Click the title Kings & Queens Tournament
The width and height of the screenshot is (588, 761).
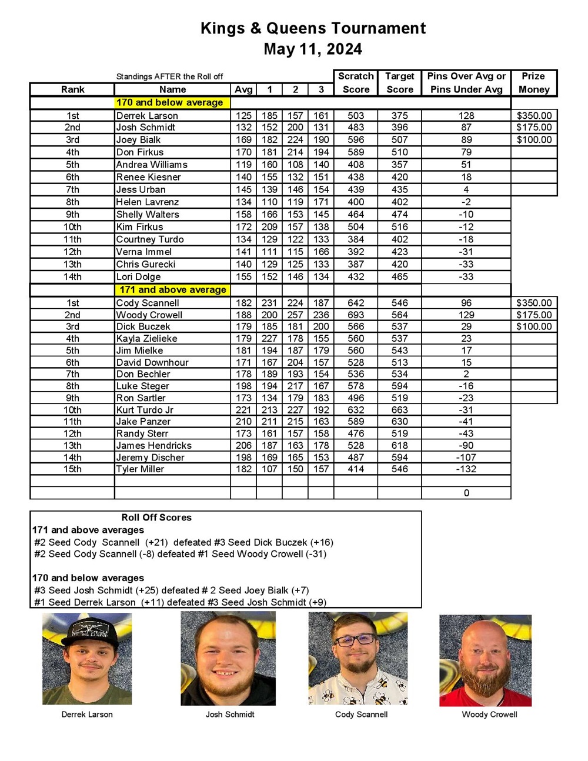click(313, 28)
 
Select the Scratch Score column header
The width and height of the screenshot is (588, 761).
click(356, 83)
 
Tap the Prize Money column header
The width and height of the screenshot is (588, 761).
click(533, 83)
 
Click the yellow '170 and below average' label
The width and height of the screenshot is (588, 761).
click(169, 102)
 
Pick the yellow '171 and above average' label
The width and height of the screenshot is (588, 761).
click(173, 289)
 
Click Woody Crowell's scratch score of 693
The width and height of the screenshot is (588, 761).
click(356, 315)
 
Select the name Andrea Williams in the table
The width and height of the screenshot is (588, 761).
click(152, 165)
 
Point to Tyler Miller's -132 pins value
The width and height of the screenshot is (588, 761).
click(466, 469)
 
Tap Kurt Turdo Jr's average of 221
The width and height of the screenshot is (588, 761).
click(243, 410)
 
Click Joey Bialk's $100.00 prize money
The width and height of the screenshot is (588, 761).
click(534, 139)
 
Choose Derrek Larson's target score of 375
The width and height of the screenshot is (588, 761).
click(399, 115)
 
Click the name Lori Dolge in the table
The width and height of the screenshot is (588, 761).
click(138, 276)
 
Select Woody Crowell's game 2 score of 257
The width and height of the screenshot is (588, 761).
click(295, 315)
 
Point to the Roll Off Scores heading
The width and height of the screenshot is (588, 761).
click(156, 518)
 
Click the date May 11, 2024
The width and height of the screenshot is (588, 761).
click(313, 49)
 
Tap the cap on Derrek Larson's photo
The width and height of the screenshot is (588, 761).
click(87, 632)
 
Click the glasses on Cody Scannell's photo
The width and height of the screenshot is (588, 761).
click(355, 640)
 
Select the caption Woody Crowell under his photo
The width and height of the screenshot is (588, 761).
click(489, 715)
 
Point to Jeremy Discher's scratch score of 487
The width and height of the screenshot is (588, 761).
click(356, 457)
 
